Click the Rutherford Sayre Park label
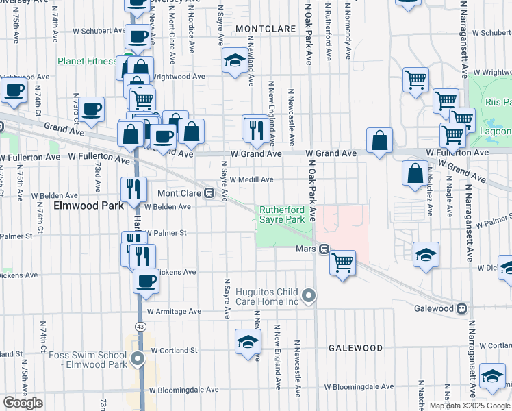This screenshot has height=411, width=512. coord(281,214)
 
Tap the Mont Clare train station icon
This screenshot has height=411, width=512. coord(223,194)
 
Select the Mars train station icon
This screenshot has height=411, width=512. coord(325,249)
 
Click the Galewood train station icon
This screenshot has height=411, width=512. coord(463,308)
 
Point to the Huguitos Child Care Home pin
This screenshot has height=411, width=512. coord(309,296)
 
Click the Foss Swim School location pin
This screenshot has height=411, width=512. coord(138,358)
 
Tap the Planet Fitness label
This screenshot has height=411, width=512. coord(87,61)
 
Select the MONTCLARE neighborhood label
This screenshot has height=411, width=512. coord(266,29)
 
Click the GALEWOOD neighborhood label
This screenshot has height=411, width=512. coord(355,348)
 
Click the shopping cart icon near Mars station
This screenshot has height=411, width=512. coord(342,262)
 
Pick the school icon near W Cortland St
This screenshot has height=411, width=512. coord(248,341)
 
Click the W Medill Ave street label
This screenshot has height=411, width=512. coord(251,179)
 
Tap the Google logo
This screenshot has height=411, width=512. coord(23,403)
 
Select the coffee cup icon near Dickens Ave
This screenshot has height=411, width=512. coord(145,280)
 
